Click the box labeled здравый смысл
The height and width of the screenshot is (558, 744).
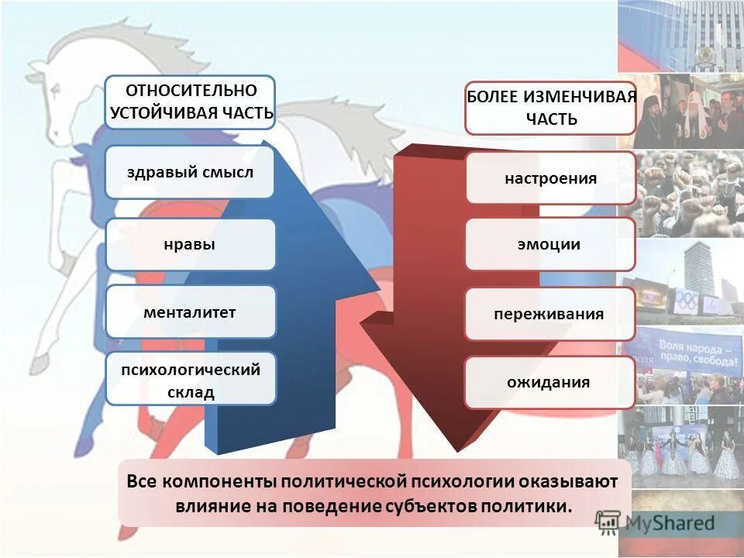pos(190,171)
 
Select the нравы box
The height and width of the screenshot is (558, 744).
pos(190,245)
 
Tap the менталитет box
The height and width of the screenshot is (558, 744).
pos(190,312)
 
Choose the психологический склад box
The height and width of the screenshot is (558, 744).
pos(190,380)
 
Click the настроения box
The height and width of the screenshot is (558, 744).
pos(550,178)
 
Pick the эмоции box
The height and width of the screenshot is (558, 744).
pos(550,244)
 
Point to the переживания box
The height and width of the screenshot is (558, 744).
pos(550,314)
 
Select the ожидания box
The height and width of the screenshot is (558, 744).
pos(550,382)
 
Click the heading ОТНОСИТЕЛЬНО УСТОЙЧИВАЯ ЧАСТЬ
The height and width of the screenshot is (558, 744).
pos(191,102)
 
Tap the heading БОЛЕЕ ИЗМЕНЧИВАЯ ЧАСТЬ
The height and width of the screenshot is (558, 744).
pos(550,108)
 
